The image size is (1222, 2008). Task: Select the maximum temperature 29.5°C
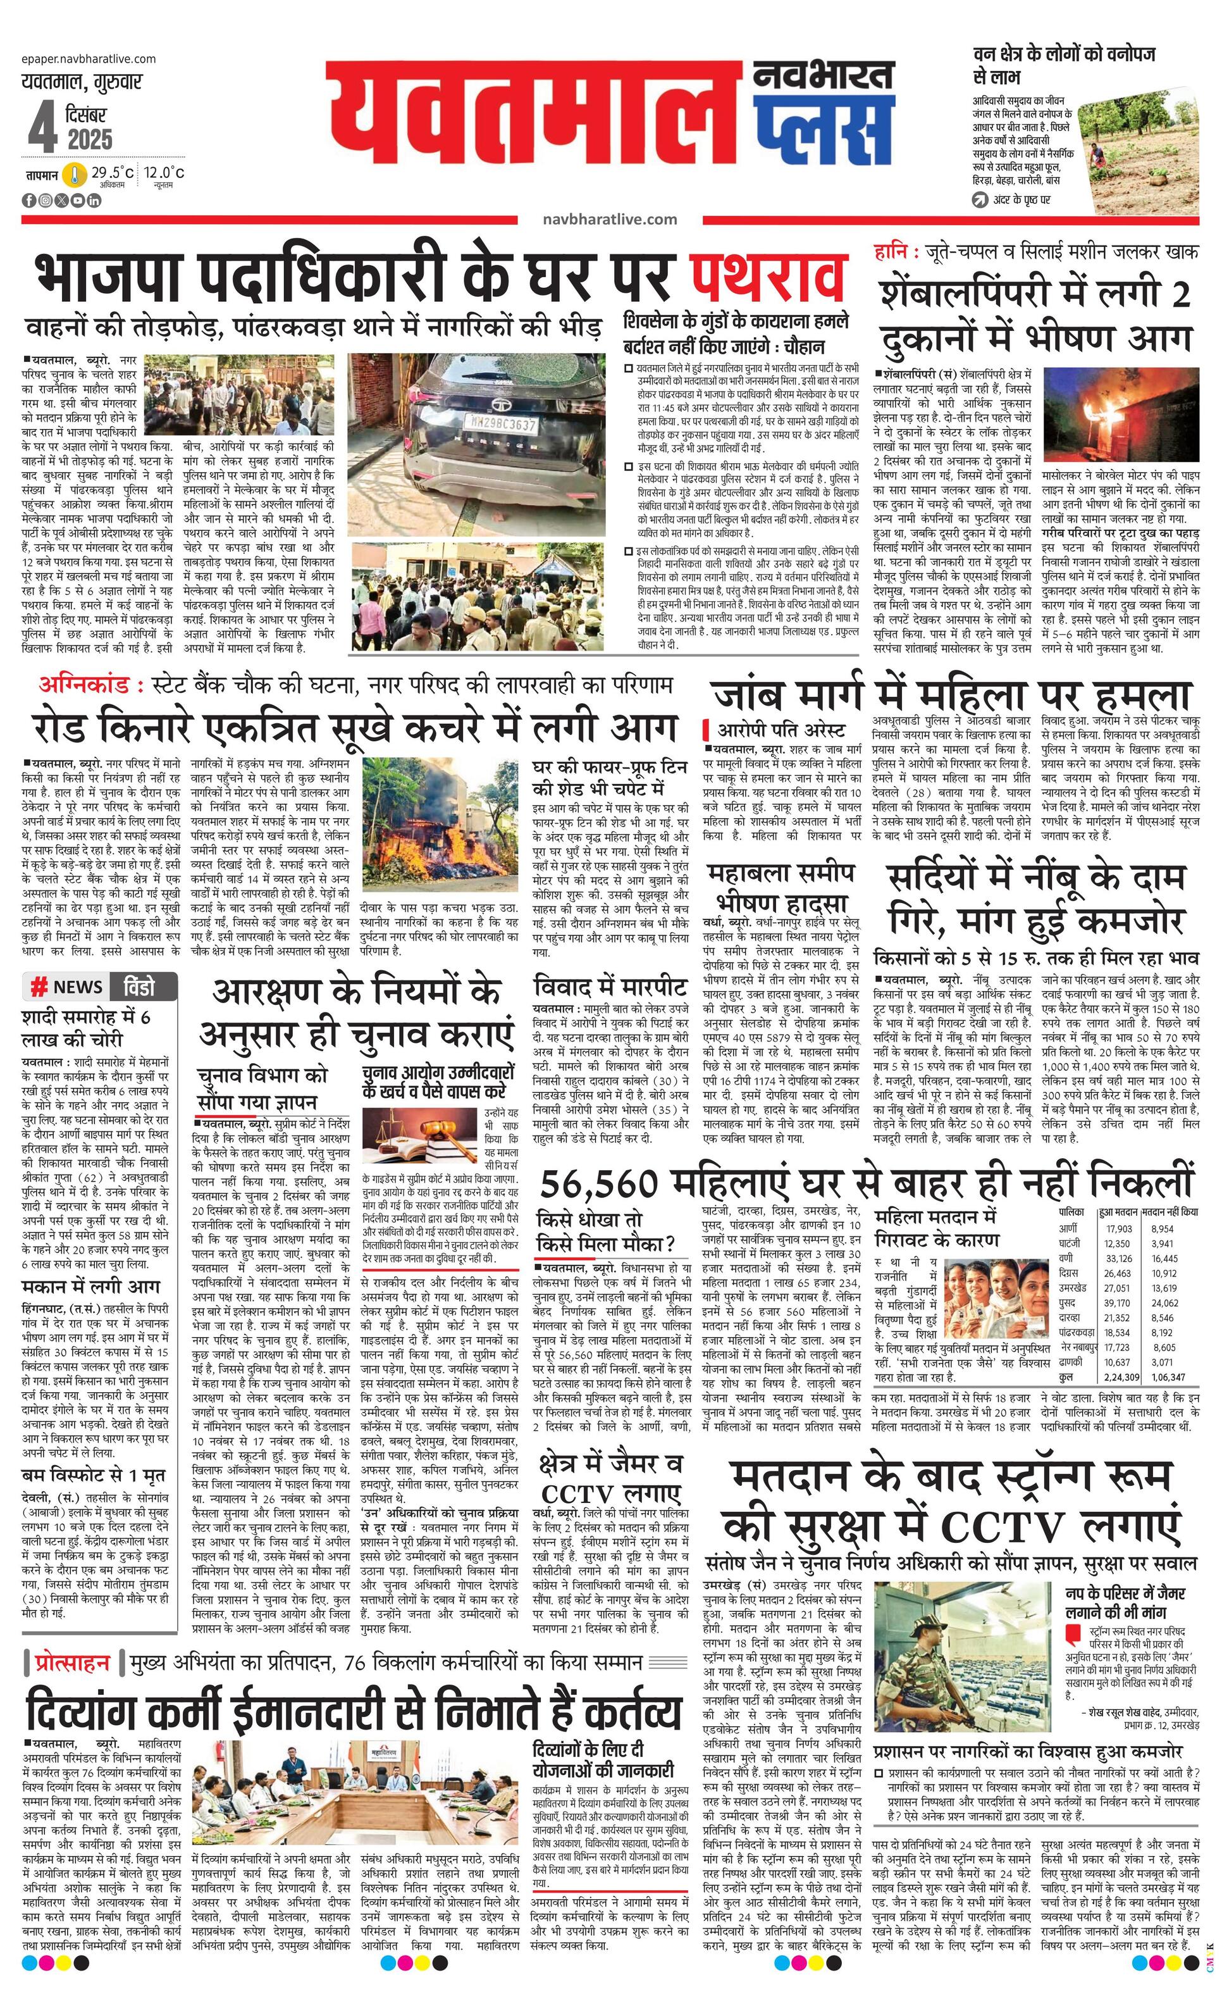[x=113, y=172]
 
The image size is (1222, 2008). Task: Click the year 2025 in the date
[x=90, y=139]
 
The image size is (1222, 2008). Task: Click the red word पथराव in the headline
[x=766, y=277]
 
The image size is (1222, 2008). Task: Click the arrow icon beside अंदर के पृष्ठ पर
[x=979, y=199]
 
